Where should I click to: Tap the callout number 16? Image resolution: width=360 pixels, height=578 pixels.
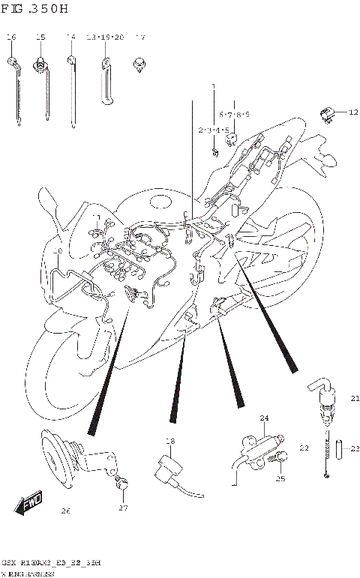pyautogui.click(x=11, y=37)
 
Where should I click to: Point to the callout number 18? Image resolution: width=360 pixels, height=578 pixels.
pyautogui.click(x=169, y=442)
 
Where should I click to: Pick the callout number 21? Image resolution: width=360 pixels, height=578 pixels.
pyautogui.click(x=355, y=398)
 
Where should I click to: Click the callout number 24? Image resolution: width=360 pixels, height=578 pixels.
pyautogui.click(x=263, y=418)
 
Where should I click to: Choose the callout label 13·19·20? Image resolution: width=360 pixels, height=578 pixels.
pyautogui.click(x=104, y=37)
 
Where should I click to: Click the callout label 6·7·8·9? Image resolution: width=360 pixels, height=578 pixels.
pyautogui.click(x=234, y=114)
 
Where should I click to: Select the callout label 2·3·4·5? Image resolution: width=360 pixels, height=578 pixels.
pyautogui.click(x=213, y=130)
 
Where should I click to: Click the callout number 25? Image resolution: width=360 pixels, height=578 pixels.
pyautogui.click(x=280, y=479)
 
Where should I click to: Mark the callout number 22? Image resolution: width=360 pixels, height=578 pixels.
pyautogui.click(x=304, y=448)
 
